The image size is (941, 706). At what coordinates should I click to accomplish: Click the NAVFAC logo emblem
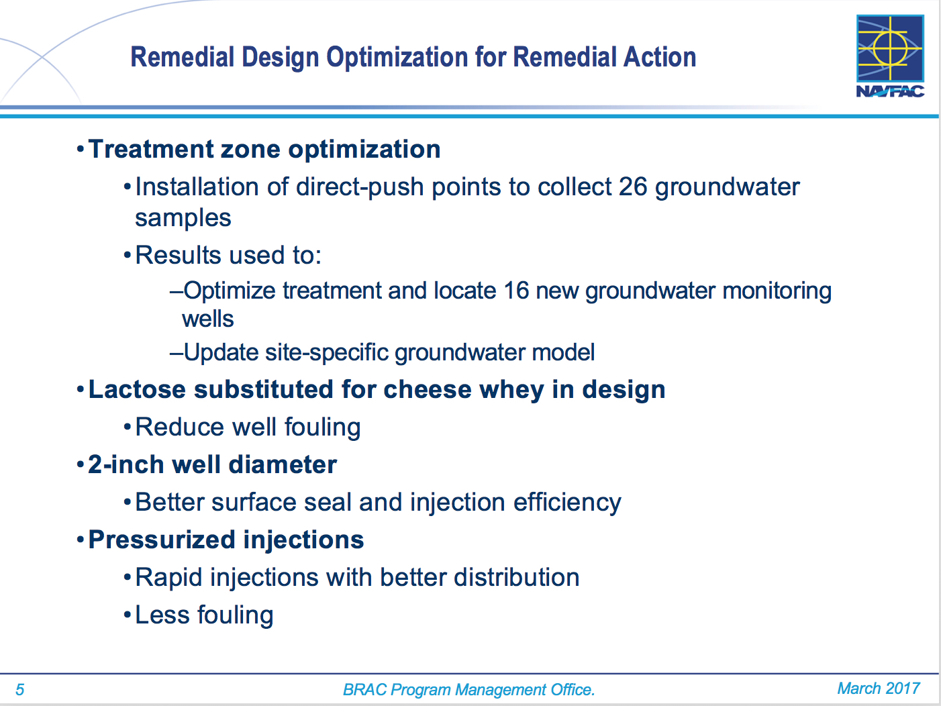point(890,48)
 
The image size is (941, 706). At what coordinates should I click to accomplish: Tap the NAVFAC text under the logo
point(890,91)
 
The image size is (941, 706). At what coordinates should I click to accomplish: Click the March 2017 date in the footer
point(879,689)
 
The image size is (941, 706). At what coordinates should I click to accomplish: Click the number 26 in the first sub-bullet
point(633,187)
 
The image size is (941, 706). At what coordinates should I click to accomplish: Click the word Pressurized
point(162,540)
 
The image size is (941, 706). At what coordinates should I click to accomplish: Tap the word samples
point(183,219)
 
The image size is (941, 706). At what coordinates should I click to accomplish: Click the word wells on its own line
point(208,319)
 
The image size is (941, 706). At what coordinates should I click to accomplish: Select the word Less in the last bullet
point(162,615)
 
